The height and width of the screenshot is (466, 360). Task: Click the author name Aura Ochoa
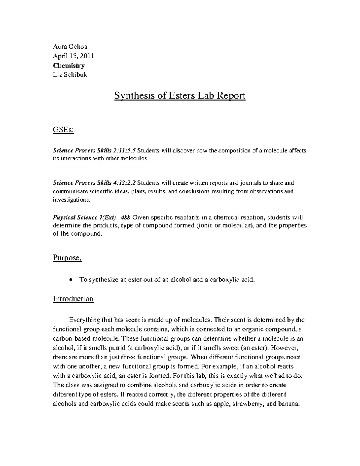[x=70, y=47]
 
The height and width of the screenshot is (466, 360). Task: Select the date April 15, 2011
[x=73, y=56]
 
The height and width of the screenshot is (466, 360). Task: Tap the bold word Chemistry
[x=69, y=65]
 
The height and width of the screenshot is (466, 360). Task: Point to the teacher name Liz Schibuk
[x=70, y=75]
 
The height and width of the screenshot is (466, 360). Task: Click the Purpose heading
[x=67, y=258]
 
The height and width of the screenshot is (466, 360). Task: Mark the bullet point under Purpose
[x=70, y=280]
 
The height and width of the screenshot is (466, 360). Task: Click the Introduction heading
[x=73, y=299]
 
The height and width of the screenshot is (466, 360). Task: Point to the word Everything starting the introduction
[x=84, y=320]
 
